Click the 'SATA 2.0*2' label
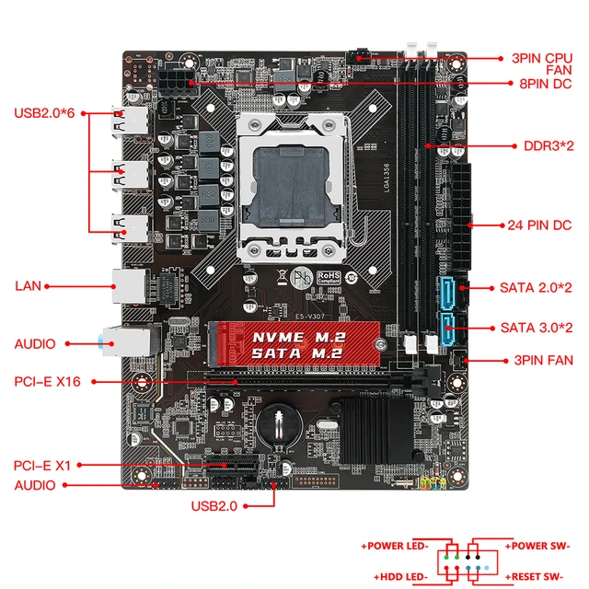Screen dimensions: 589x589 pyautogui.click(x=537, y=288)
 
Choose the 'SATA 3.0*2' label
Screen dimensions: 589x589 pyautogui.click(x=537, y=328)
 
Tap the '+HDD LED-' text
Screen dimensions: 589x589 pyautogui.click(x=396, y=576)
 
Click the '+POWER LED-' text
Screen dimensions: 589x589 pyautogui.click(x=395, y=547)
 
